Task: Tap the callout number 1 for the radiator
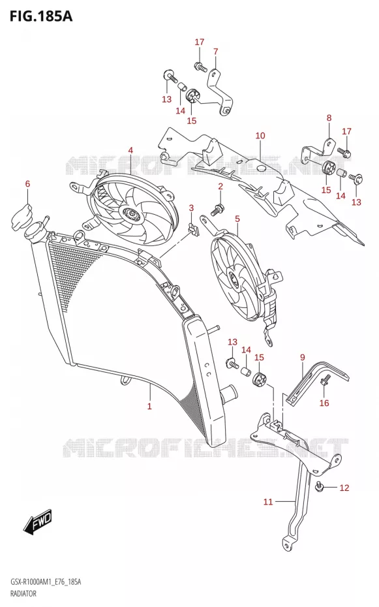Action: pyautogui.click(x=149, y=406)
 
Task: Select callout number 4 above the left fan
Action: pyautogui.click(x=130, y=150)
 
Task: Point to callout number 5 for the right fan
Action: pyautogui.click(x=237, y=219)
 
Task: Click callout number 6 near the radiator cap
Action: pyautogui.click(x=27, y=183)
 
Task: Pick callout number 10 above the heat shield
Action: pyautogui.click(x=260, y=136)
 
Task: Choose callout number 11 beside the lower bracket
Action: pyautogui.click(x=268, y=502)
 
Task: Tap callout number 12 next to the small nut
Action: pyautogui.click(x=344, y=488)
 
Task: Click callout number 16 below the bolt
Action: pyautogui.click(x=324, y=403)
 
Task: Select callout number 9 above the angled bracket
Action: pyautogui.click(x=303, y=357)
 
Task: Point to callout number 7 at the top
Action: pyautogui.click(x=215, y=52)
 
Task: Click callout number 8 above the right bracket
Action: pyautogui.click(x=329, y=117)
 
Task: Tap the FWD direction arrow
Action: pyautogui.click(x=37, y=521)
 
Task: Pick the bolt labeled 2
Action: pyautogui.click(x=217, y=210)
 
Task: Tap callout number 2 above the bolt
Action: pyautogui.click(x=220, y=187)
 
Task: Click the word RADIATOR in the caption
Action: pyautogui.click(x=23, y=593)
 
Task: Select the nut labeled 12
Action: pyautogui.click(x=320, y=486)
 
